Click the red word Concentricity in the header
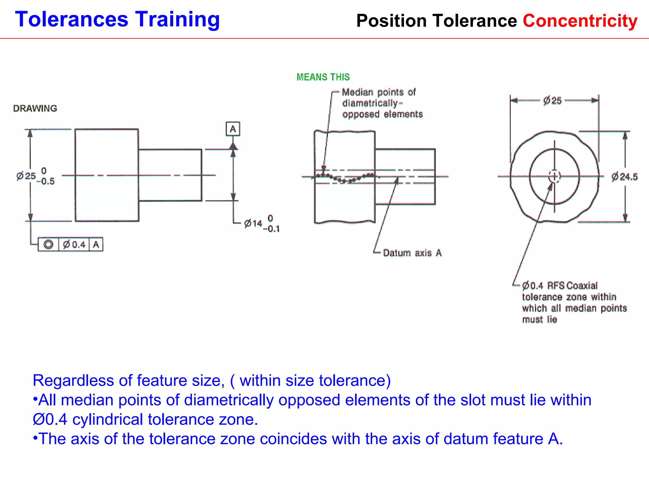click(x=580, y=21)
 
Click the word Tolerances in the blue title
click(x=72, y=20)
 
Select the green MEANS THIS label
click(x=323, y=77)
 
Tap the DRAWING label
click(x=35, y=109)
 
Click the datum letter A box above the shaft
click(x=233, y=129)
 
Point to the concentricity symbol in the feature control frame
click(x=48, y=245)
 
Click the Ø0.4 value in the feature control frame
click(x=74, y=245)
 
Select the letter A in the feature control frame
click(x=96, y=245)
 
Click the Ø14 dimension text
click(x=253, y=224)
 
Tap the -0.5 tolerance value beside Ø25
click(x=46, y=182)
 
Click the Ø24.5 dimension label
click(x=624, y=177)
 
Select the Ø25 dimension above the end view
click(x=552, y=101)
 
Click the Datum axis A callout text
click(x=412, y=253)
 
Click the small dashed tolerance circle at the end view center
click(x=555, y=176)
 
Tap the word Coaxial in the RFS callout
click(x=582, y=286)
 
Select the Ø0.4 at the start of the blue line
click(x=50, y=420)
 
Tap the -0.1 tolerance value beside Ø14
click(x=272, y=229)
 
